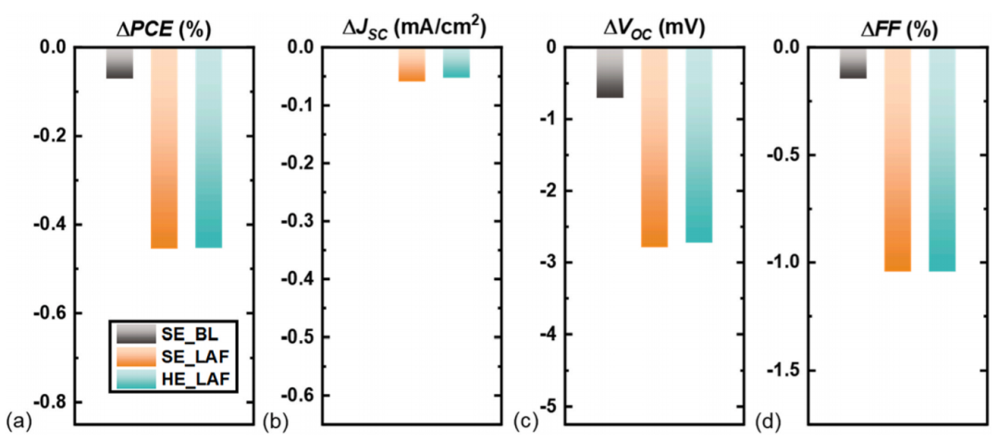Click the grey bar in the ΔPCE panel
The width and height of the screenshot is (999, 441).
[x=119, y=63]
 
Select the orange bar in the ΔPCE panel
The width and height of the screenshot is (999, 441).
[x=164, y=148]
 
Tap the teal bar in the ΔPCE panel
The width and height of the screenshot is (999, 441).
[x=208, y=148]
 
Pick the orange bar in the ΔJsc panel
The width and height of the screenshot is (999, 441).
[x=412, y=65]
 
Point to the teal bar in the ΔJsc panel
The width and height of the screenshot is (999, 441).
[x=456, y=63]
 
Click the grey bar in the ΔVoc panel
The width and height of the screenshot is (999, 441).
[x=610, y=72]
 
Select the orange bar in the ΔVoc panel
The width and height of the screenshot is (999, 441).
[x=654, y=148]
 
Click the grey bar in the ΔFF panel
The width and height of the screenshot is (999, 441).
[x=853, y=63]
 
